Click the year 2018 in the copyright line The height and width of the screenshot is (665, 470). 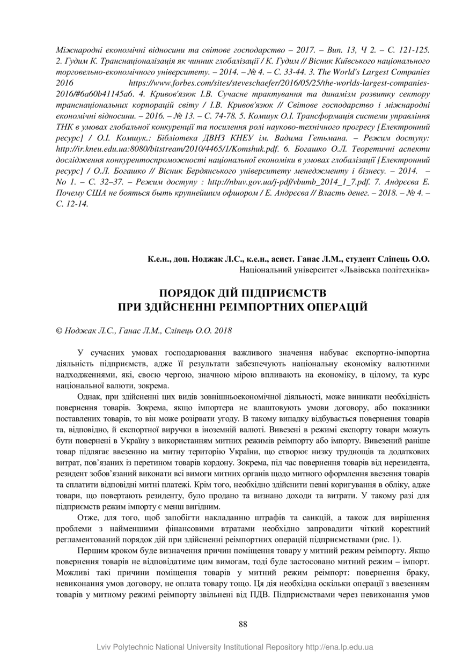click(x=223, y=331)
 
